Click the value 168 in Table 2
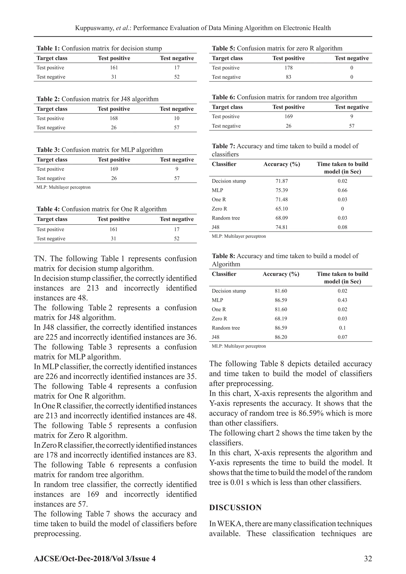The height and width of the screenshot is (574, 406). pyautogui.click(x=114, y=118)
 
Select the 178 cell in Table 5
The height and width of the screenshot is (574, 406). pyautogui.click(x=288, y=68)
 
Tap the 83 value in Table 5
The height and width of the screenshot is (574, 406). pyautogui.click(x=288, y=77)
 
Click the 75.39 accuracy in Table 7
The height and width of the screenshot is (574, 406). pyautogui.click(x=282, y=190)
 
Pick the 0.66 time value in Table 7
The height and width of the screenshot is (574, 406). pyautogui.click(x=342, y=190)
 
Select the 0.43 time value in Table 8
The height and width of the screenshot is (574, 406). pyautogui.click(x=342, y=300)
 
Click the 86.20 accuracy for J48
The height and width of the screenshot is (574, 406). pyautogui.click(x=281, y=337)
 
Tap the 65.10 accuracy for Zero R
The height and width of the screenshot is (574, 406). pyautogui.click(x=282, y=209)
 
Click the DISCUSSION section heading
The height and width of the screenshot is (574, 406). pyautogui.click(x=235, y=508)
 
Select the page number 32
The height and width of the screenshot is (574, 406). pyautogui.click(x=368, y=559)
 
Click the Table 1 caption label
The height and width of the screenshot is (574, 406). pyautogui.click(x=48, y=48)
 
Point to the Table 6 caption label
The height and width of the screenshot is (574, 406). pyautogui.click(x=223, y=97)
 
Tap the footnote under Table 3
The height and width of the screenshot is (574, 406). pyautogui.click(x=63, y=187)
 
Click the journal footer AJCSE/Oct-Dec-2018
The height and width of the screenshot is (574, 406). pyautogui.click(x=95, y=559)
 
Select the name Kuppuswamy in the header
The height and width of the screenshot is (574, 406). pyautogui.click(x=95, y=28)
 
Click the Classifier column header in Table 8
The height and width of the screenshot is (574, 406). pyautogui.click(x=224, y=274)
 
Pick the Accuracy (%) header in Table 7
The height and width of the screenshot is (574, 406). pyautogui.click(x=282, y=164)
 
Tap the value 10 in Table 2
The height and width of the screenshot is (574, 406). pyautogui.click(x=177, y=118)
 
